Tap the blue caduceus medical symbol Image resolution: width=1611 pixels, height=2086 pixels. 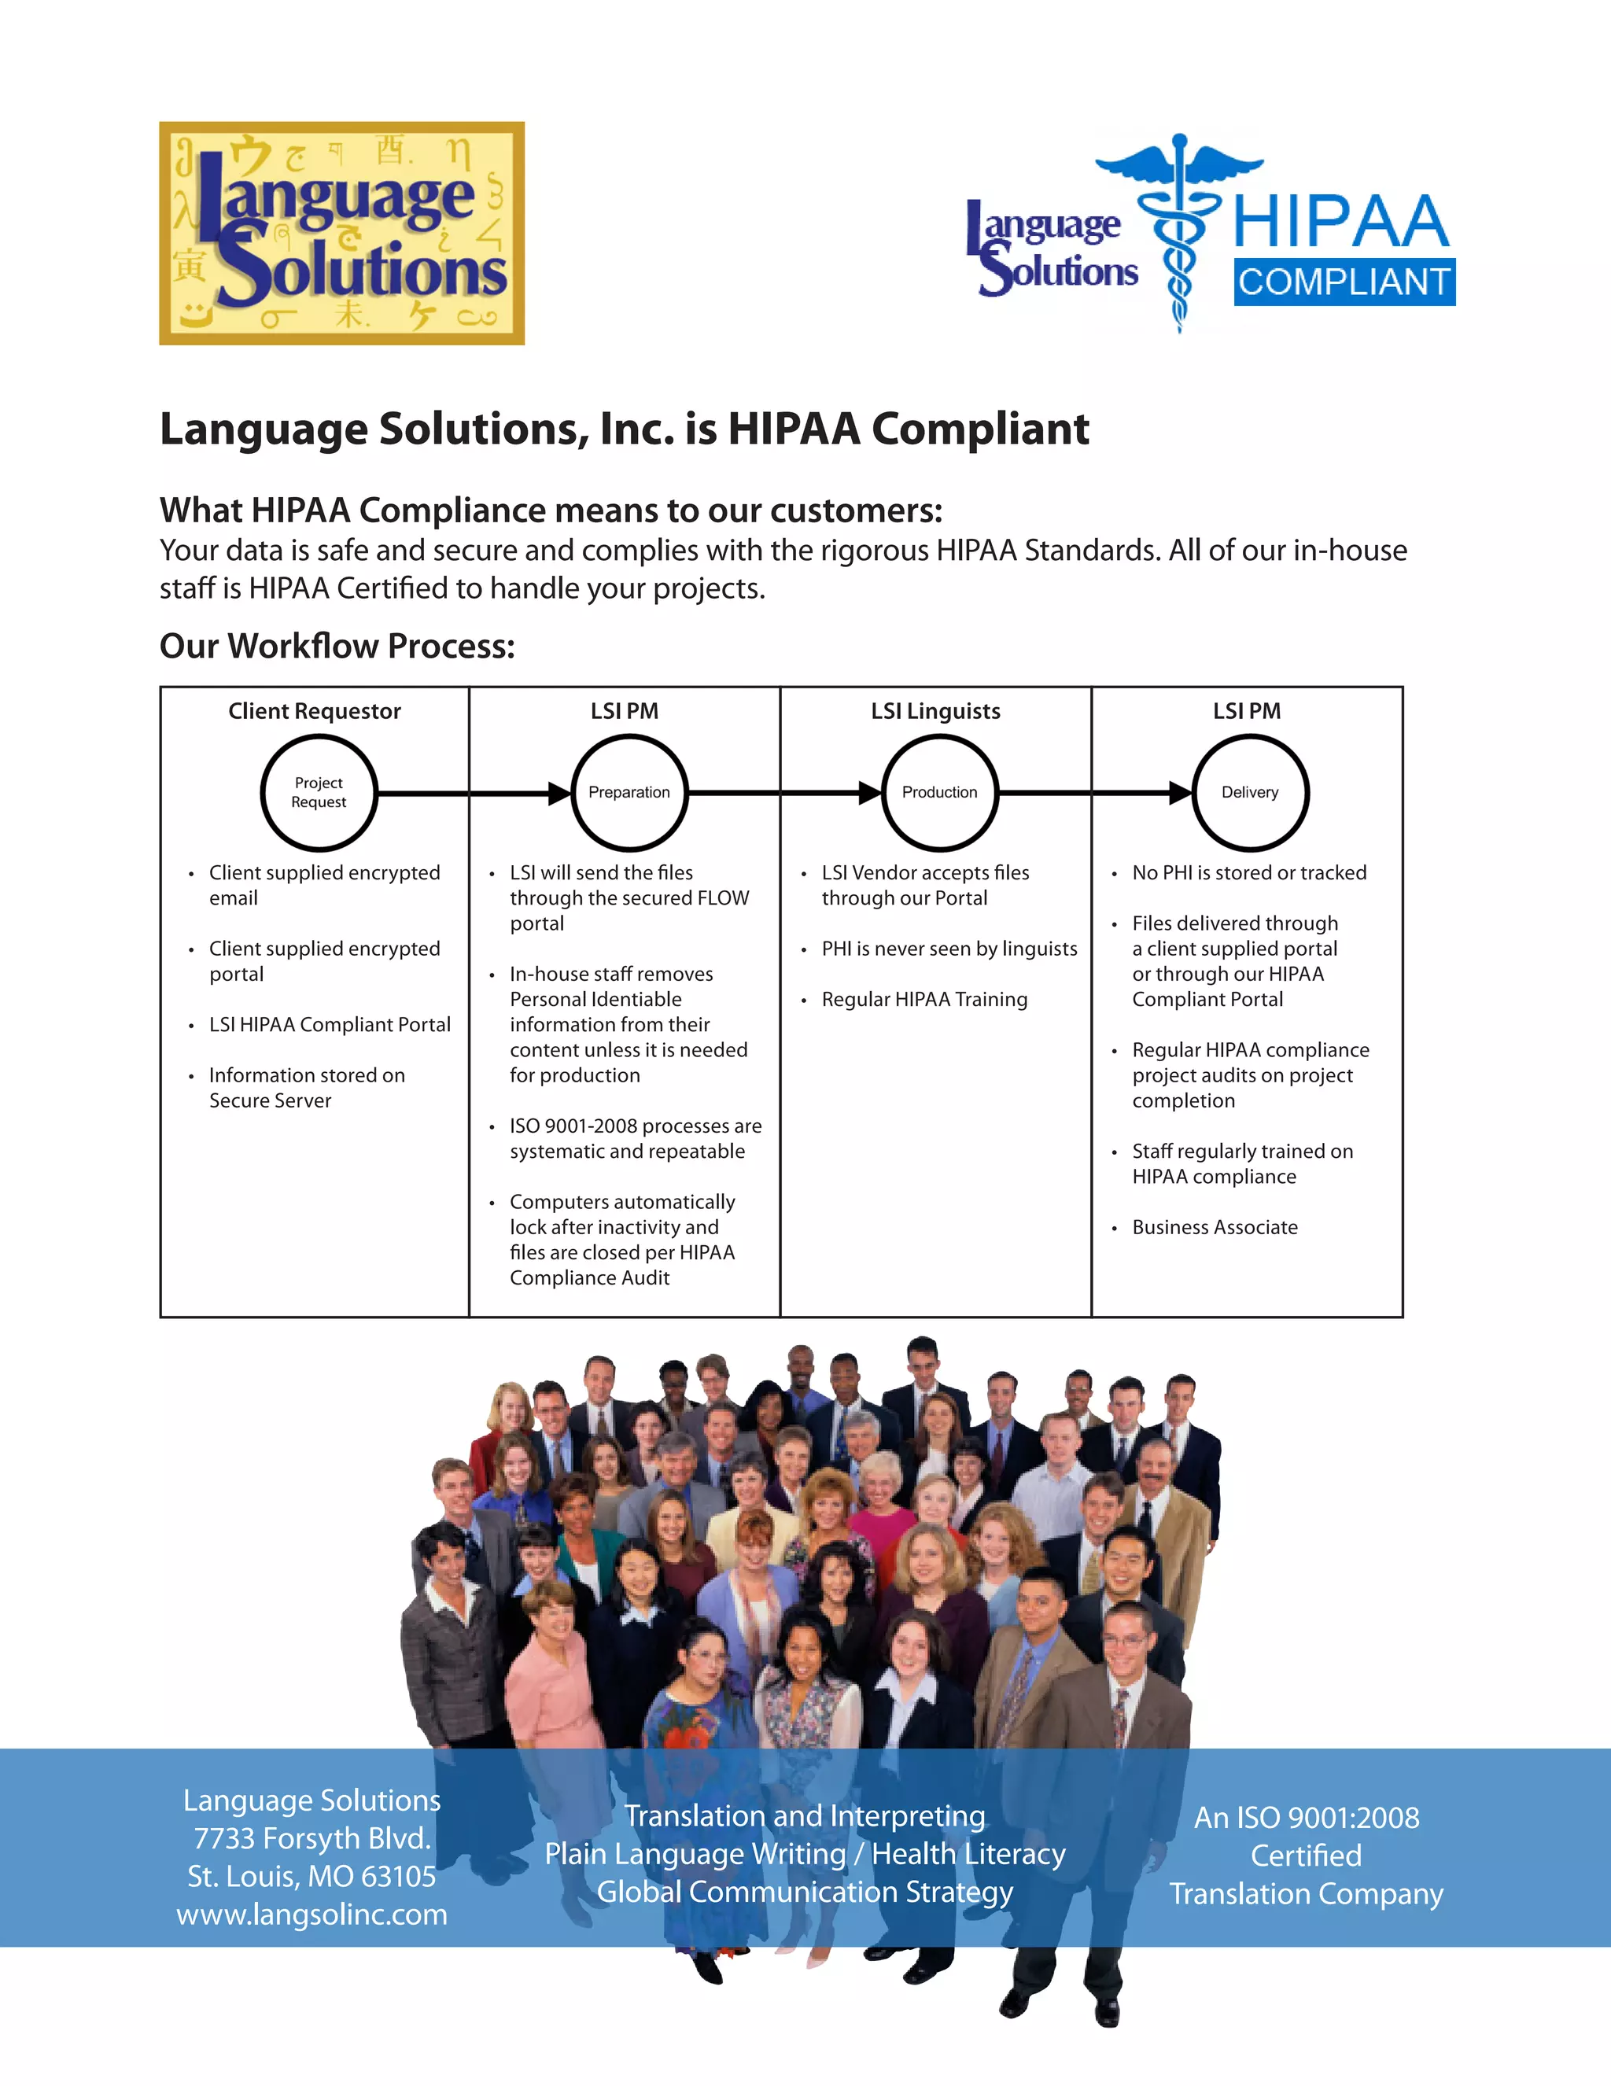[x=1180, y=229]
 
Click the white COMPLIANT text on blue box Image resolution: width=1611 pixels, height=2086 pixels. [x=1344, y=282]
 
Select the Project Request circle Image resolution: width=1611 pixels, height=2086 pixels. [x=319, y=793]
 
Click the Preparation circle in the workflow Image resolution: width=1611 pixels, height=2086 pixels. [x=629, y=793]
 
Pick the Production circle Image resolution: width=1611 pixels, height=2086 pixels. [x=940, y=793]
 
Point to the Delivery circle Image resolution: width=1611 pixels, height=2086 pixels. [x=1250, y=793]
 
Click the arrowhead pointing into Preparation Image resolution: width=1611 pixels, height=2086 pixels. [x=559, y=793]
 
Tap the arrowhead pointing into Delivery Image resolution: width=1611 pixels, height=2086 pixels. [x=1180, y=793]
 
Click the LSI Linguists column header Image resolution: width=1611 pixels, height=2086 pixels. [x=936, y=712]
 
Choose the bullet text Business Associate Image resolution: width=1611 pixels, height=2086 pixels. [x=1215, y=1227]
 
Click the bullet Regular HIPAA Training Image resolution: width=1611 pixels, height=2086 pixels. [x=924, y=999]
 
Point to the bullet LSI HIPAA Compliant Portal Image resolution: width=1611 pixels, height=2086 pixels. [x=330, y=1025]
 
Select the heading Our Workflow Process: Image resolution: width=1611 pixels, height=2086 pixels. [x=337, y=647]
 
